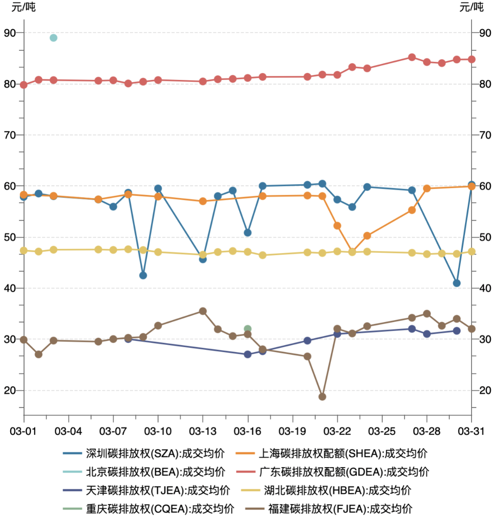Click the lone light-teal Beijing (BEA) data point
tap(54, 38)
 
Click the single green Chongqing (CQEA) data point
tap(248, 329)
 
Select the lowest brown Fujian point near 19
tap(322, 397)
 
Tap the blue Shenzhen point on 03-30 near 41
tap(457, 283)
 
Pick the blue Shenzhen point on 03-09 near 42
tap(143, 276)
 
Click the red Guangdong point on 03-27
tap(412, 57)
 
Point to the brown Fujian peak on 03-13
tap(203, 311)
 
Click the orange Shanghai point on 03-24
tap(367, 236)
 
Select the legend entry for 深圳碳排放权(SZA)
tap(155, 453)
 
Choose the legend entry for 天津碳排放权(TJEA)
tap(155, 490)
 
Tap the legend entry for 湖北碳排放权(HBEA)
tap(338, 490)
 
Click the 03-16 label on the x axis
tap(248, 431)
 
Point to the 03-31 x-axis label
tap(471, 431)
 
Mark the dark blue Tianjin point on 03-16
tap(248, 355)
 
